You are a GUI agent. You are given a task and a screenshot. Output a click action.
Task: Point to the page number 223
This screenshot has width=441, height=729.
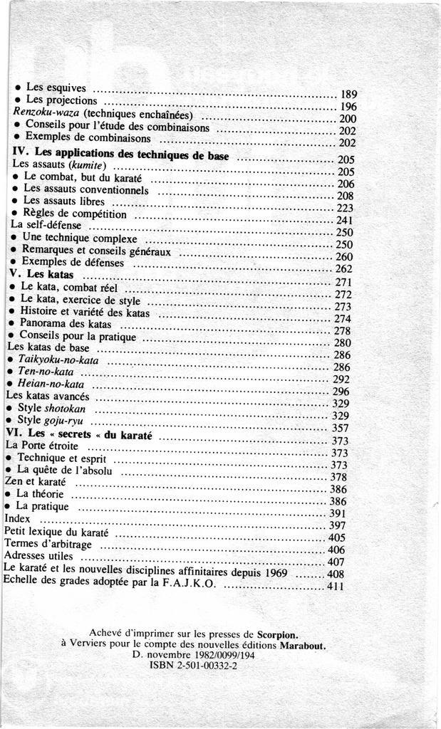point(345,208)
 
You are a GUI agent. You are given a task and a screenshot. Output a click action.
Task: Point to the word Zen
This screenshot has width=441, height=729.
point(14,482)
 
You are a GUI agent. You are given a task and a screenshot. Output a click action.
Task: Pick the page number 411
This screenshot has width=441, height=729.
point(336,587)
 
